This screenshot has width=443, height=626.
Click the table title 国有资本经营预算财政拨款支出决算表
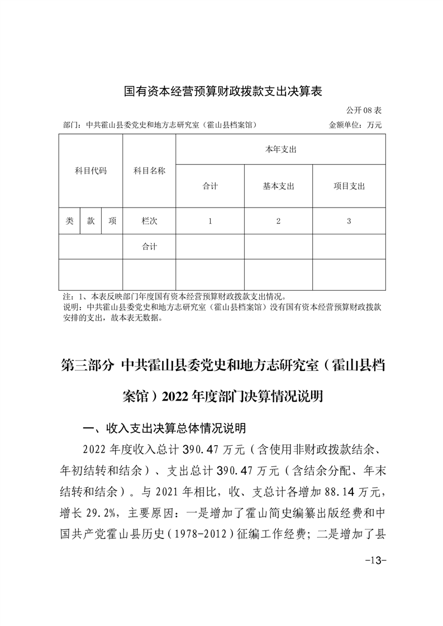(223, 91)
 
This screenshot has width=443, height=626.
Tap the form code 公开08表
(364, 110)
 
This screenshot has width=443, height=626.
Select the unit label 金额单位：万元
(355, 125)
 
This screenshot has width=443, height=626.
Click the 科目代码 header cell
(90, 171)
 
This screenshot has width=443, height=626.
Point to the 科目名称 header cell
(149, 171)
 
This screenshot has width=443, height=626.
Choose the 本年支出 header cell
(280, 150)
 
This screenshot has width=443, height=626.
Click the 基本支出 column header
(278, 186)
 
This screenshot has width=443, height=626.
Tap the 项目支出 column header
(349, 186)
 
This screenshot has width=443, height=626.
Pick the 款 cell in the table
(90, 221)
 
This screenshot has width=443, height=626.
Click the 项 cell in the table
(112, 221)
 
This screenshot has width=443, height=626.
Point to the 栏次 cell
(149, 221)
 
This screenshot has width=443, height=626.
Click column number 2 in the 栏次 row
(278, 221)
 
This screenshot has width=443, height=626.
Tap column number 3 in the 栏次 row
(349, 221)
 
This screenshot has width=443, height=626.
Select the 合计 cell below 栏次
(149, 246)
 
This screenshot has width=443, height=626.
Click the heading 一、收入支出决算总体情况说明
(164, 428)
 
